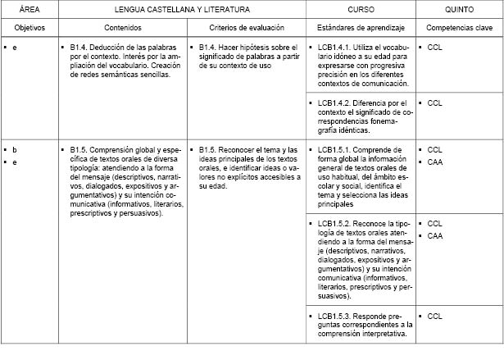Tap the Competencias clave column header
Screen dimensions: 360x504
click(x=459, y=28)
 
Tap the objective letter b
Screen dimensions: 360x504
click(x=14, y=150)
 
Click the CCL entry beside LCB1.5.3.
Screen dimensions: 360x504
click(x=435, y=316)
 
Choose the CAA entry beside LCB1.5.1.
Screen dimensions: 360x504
click(x=435, y=162)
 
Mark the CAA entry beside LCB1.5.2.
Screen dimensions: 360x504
click(x=435, y=235)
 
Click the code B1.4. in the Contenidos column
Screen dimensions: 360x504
click(x=80, y=48)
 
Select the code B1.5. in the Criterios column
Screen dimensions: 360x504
click(x=210, y=150)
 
